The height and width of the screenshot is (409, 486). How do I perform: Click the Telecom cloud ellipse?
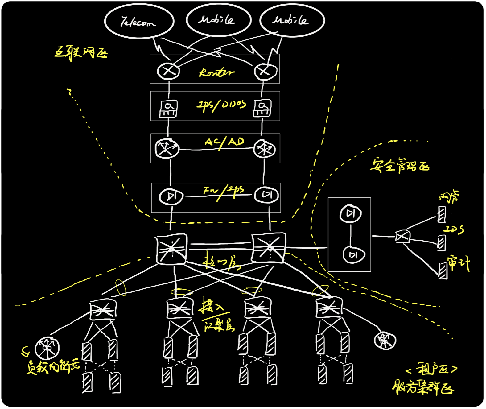tap(139, 21)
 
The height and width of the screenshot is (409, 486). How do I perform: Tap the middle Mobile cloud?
tap(218, 20)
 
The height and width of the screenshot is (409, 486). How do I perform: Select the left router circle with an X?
tap(168, 71)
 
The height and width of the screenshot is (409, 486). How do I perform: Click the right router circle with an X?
tap(265, 71)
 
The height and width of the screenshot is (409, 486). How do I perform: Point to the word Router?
tap(216, 73)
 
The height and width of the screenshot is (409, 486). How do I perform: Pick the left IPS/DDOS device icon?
tap(168, 109)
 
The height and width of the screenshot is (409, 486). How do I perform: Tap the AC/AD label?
tap(224, 142)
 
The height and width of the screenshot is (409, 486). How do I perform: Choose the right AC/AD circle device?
tap(264, 149)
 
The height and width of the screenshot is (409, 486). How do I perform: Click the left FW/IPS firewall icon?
tap(171, 196)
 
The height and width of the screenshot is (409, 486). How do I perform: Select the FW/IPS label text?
tap(224, 192)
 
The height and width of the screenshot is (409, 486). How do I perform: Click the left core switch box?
tap(171, 249)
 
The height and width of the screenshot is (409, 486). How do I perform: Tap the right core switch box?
tap(268, 248)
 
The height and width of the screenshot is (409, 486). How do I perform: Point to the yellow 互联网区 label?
tap(81, 52)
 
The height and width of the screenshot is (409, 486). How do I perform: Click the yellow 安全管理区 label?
tap(400, 166)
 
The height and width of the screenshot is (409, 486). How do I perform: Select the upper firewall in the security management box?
tap(351, 213)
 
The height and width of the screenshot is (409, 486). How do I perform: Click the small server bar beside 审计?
tap(443, 271)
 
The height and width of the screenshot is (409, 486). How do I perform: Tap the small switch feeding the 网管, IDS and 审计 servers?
tap(403, 237)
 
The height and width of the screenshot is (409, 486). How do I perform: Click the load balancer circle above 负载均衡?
tap(47, 348)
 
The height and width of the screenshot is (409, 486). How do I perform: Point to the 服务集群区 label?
tap(423, 388)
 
